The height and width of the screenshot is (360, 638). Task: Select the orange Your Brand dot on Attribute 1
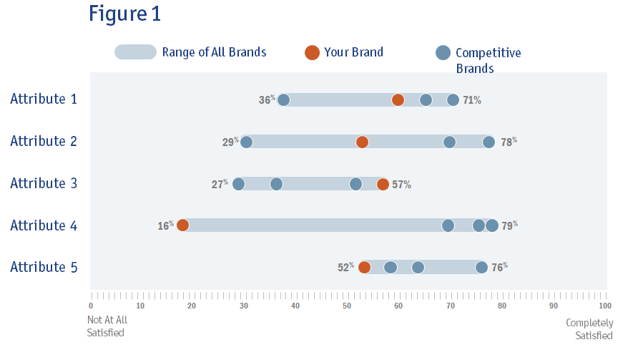398,99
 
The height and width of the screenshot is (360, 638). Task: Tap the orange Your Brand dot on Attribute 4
182,225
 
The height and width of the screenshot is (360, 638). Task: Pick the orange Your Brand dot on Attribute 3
383,184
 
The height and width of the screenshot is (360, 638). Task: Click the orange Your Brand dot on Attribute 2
362,142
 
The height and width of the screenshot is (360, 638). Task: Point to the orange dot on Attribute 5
364,268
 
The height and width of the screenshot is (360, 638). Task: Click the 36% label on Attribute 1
267,100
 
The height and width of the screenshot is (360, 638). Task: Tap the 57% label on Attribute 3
401,185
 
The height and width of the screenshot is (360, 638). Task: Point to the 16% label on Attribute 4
165,225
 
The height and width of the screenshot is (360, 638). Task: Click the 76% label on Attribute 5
499,268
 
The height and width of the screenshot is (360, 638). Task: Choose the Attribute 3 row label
44,183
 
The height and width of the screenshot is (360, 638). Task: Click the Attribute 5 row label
44,267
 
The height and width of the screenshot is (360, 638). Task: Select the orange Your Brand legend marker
312,52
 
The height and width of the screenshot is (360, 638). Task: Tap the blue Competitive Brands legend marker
443,53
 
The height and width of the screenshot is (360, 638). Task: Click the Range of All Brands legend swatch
135,52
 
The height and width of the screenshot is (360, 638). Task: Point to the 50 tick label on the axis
347,306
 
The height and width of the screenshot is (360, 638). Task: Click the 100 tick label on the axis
604,306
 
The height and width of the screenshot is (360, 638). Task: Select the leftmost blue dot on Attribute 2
246,142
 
